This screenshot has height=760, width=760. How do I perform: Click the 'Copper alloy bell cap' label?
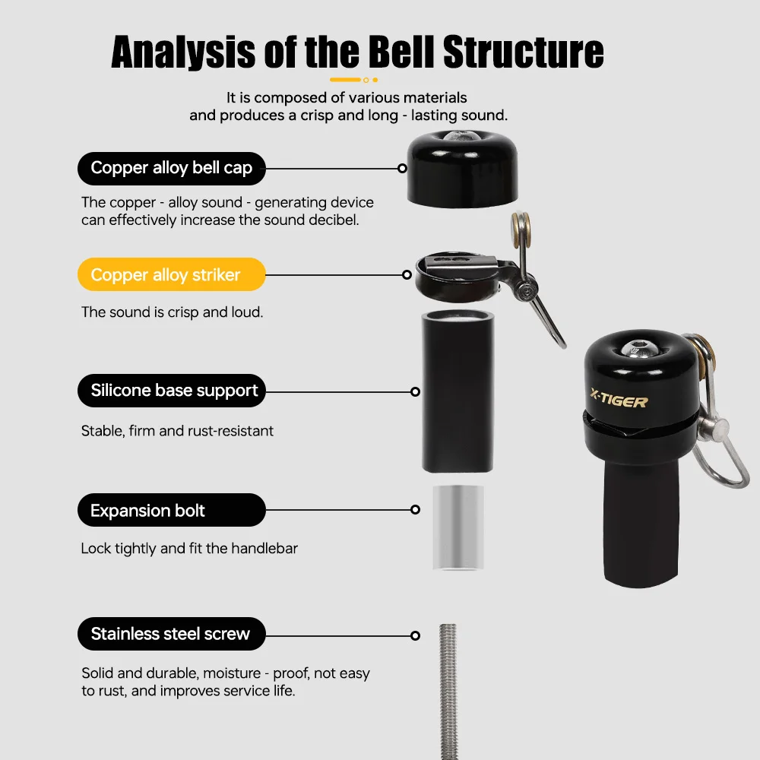coord(171,168)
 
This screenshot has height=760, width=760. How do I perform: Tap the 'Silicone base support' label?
coord(171,391)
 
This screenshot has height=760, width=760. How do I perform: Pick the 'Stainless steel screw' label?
coord(171,634)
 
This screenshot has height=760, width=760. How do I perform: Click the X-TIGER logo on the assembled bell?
coord(619,400)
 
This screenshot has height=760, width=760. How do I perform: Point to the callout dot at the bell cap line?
coord(404,169)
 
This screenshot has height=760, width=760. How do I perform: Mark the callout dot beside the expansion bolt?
coord(415,510)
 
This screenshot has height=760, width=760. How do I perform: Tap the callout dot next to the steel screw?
coord(415,635)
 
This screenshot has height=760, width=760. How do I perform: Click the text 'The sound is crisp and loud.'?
coord(172,312)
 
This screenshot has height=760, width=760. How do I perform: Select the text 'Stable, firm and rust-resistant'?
coord(177,431)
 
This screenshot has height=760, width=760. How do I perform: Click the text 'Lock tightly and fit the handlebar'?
coord(189,548)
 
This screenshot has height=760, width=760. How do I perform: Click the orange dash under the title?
coord(346,79)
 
